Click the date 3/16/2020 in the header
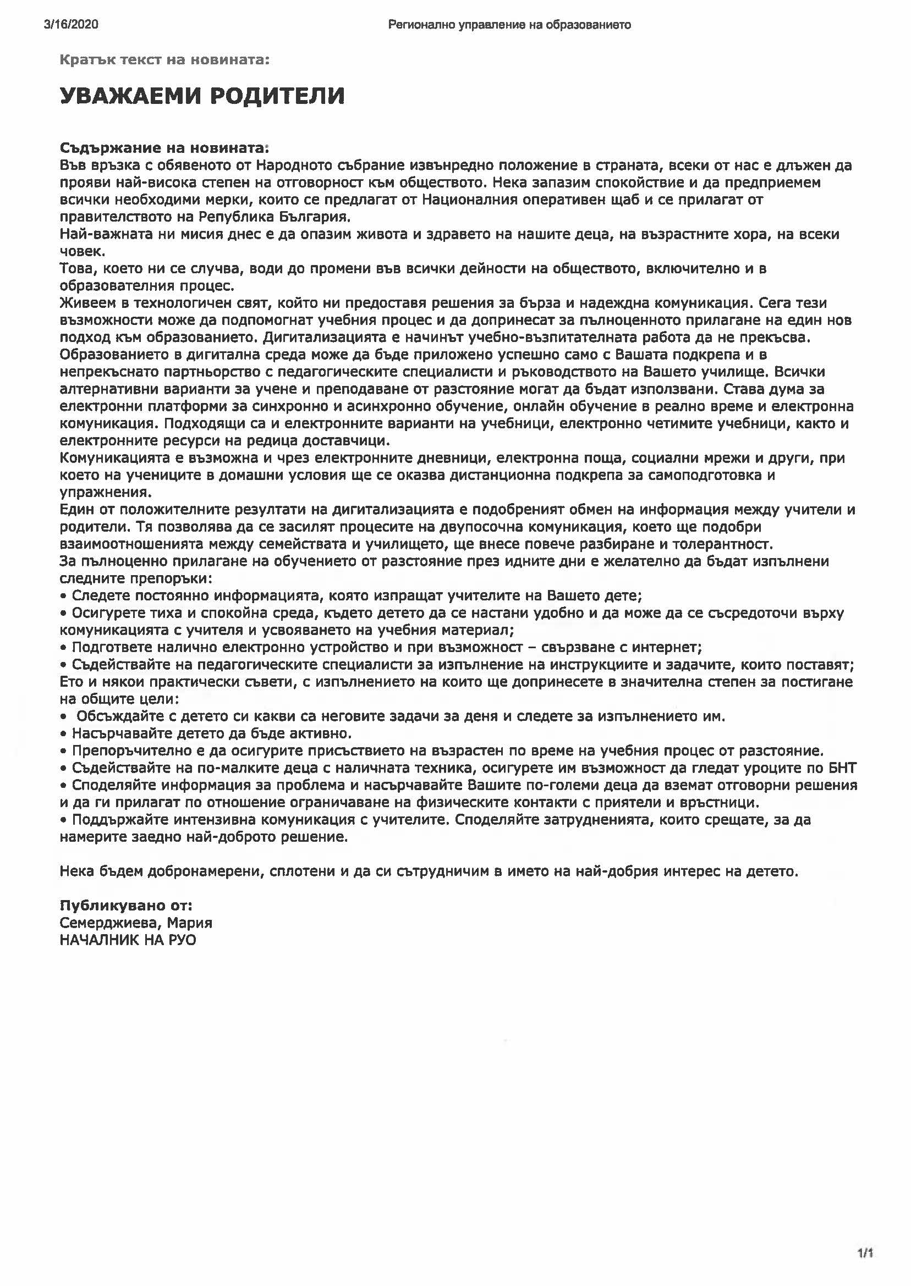click(70, 25)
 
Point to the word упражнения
click(105, 493)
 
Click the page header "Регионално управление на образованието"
click(509, 25)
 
